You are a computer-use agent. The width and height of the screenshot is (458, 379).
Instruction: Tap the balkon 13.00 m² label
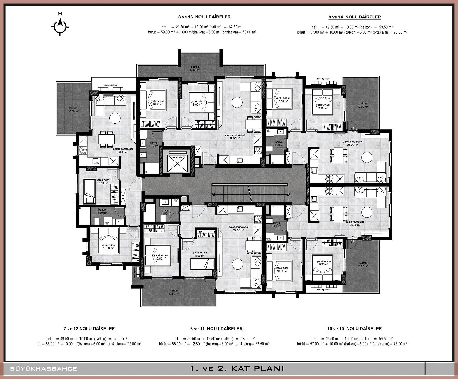[195, 68]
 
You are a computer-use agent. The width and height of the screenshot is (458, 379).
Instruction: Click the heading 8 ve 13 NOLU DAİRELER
[204, 17]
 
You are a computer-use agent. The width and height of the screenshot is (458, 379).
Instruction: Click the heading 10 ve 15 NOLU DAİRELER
[354, 328]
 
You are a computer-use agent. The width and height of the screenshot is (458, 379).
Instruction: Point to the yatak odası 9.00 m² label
[197, 103]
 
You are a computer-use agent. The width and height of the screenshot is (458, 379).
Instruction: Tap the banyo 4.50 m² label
[166, 212]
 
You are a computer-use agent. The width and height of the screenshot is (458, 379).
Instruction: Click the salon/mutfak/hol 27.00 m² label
[238, 228]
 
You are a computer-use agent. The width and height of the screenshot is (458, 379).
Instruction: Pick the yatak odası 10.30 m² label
[108, 247]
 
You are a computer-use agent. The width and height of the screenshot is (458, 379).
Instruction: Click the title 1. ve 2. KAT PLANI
[237, 368]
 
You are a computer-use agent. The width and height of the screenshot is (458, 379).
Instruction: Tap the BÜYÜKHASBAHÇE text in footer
[44, 369]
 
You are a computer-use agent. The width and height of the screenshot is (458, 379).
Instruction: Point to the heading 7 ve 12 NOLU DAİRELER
[89, 328]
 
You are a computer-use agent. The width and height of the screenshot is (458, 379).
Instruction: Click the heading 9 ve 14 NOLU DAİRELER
[355, 17]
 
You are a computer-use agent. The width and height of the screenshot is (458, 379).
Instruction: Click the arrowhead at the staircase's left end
[213, 194]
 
